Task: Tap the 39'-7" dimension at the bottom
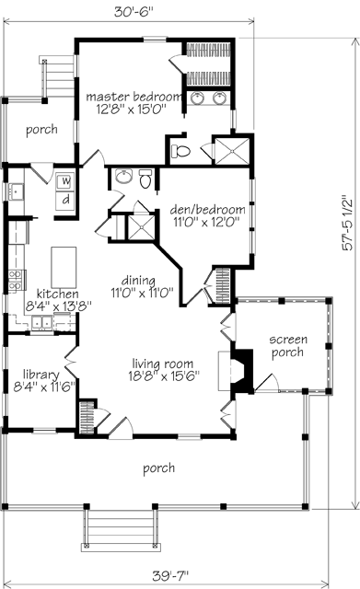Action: tap(170, 575)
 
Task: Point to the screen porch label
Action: tap(288, 346)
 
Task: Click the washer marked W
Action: tap(65, 182)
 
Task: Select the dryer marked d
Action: tap(65, 200)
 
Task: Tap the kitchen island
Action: tap(64, 267)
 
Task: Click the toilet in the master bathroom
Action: tap(180, 151)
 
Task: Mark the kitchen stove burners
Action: tap(17, 281)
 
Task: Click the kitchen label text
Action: tap(57, 294)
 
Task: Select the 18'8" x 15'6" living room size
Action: tap(164, 376)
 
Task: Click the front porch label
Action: tap(158, 468)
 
